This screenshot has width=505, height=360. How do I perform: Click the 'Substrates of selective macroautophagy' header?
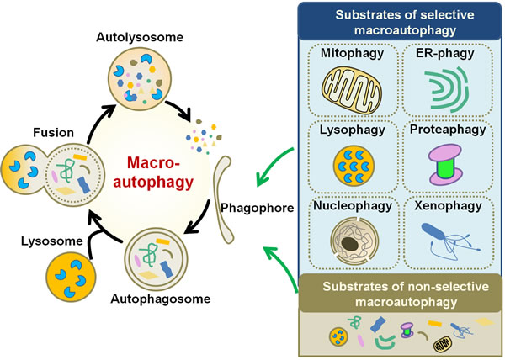(x=399, y=20)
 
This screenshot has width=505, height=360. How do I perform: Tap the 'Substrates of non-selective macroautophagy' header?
(x=399, y=291)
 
